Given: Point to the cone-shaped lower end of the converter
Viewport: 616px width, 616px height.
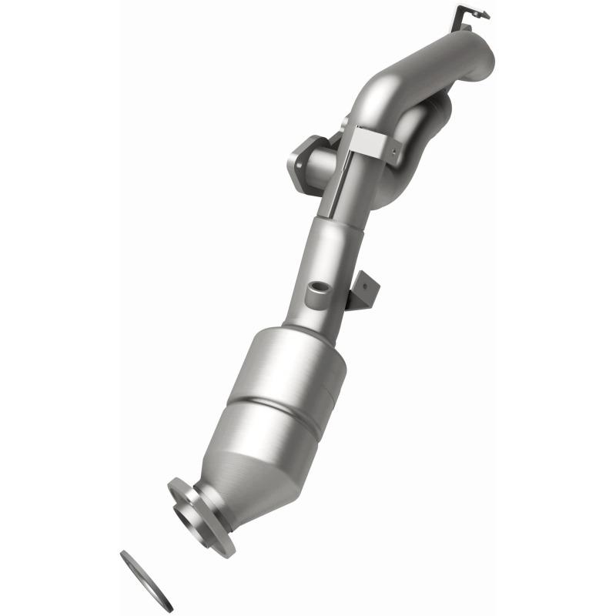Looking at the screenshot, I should click(x=254, y=477).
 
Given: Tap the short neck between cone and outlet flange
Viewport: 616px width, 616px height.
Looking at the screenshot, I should click(x=219, y=500).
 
